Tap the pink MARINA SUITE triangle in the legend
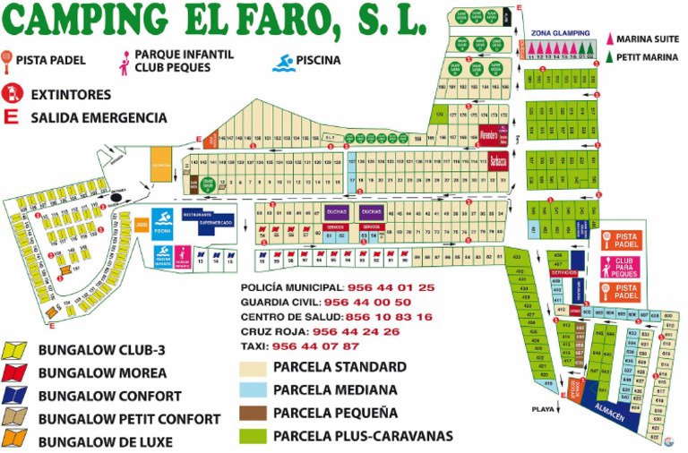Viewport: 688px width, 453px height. [612, 39]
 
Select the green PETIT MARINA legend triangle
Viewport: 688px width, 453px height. [612, 57]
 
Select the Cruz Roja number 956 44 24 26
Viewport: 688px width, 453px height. [367, 331]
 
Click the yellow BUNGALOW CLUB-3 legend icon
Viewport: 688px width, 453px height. [15, 350]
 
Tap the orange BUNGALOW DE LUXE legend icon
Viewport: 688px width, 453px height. [15, 440]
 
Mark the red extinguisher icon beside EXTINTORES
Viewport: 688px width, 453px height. [13, 92]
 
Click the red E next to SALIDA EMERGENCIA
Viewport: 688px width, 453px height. [13, 117]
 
